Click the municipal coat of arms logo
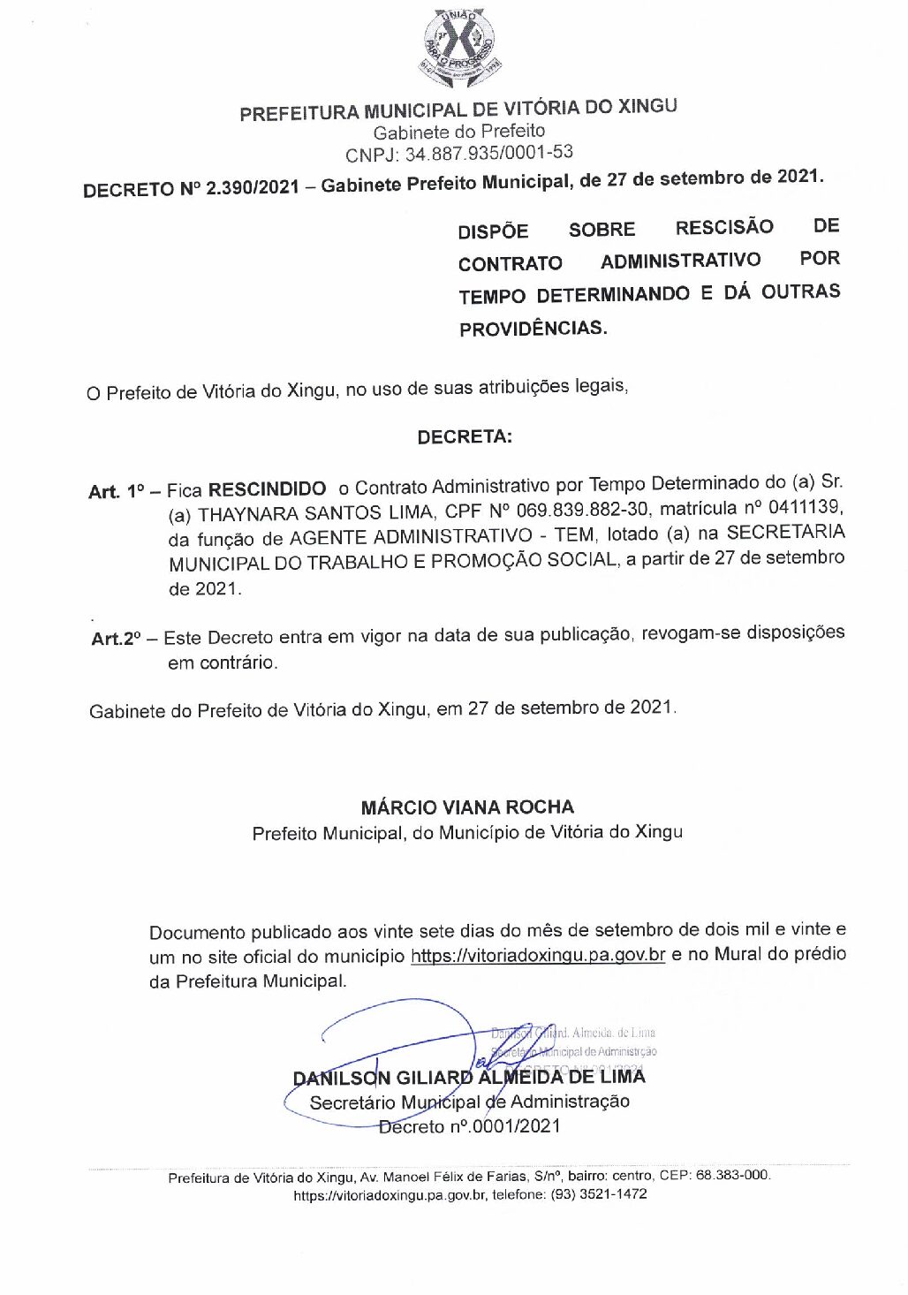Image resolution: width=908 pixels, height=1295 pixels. [458, 49]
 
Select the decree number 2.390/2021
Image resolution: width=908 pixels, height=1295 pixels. [253, 187]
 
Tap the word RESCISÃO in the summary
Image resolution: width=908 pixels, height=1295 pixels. [723, 227]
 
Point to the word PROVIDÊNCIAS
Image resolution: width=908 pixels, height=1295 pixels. [533, 329]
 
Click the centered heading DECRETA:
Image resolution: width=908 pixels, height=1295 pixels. [465, 436]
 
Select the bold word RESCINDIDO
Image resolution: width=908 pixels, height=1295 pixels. [267, 488]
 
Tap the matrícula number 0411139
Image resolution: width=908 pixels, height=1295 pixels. [805, 507]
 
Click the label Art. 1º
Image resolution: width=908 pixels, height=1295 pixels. [115, 491]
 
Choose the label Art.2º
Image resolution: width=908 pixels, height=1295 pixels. [115, 638]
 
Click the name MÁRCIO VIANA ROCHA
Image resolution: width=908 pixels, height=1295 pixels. [467, 807]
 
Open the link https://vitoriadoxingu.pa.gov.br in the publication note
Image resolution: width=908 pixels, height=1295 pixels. [537, 955]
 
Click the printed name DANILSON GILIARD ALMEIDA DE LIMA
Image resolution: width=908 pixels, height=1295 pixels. [469, 1077]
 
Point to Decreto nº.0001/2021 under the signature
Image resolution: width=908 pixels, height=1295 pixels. [470, 1126]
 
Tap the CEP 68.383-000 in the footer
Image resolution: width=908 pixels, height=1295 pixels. [732, 1176]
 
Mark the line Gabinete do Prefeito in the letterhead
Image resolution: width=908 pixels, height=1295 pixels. [459, 133]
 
